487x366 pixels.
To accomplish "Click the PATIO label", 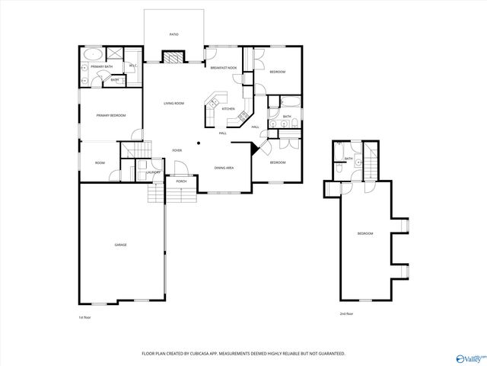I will coord(174,35).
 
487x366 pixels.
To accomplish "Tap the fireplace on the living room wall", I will coord(174,56).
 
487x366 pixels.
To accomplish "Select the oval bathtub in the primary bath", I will coord(93,55).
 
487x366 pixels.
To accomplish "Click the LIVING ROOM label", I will coord(174,104).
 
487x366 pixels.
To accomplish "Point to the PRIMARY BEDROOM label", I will coord(110,115).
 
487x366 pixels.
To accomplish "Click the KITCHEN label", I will coord(228,109).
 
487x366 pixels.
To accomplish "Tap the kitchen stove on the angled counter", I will coord(243,116).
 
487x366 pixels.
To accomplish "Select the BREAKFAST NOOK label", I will coord(223,68).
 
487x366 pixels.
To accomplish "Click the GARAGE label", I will coord(120,245).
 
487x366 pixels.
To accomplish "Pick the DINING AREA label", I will coord(224,167).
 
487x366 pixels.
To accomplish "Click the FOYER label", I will coord(177,151).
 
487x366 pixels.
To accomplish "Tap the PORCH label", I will coord(181,181).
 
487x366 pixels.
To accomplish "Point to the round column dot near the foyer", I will coord(199,142).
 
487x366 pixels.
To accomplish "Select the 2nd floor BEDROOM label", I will coord(365,233).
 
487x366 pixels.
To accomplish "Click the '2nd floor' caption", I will coord(346,314).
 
